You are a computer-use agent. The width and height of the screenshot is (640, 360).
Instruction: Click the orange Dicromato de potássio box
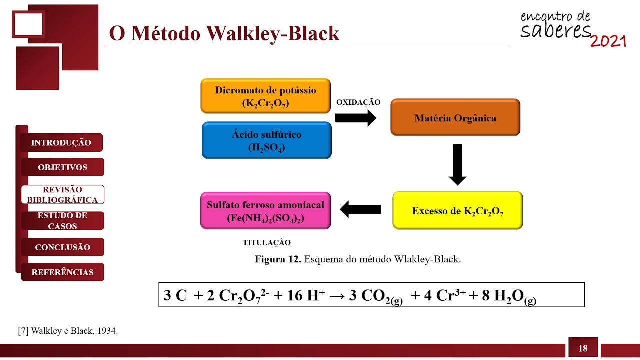[265, 96]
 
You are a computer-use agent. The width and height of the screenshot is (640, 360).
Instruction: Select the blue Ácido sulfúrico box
[266, 140]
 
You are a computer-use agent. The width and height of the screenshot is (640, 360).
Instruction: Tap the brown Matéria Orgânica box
[455, 118]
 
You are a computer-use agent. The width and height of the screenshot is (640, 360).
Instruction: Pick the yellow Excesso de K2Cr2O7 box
[457, 210]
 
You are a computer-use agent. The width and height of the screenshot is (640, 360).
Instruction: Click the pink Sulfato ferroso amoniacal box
[265, 211]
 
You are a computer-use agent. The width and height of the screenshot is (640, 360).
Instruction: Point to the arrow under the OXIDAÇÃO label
[355, 118]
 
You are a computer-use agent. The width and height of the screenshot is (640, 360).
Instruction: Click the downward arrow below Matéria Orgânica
[457, 164]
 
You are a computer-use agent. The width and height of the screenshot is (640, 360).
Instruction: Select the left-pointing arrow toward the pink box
[360, 209]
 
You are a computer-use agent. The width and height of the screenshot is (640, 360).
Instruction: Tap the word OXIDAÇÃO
[358, 102]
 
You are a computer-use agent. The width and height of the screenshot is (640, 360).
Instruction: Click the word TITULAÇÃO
[266, 243]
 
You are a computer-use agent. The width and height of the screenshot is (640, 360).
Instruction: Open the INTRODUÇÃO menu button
[61, 143]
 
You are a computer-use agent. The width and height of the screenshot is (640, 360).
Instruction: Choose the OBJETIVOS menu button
[63, 167]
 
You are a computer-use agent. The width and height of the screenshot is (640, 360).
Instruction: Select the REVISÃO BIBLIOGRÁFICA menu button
[63, 195]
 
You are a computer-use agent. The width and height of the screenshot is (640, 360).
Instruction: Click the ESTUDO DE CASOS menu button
[63, 221]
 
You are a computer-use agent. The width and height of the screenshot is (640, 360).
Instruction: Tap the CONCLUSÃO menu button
[63, 247]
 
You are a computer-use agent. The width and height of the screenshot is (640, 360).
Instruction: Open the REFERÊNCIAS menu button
[63, 272]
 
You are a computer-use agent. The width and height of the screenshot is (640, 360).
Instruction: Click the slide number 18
[582, 349]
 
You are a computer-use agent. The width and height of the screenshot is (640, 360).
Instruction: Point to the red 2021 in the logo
[608, 41]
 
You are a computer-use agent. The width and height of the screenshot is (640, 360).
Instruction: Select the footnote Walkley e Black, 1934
[68, 331]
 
